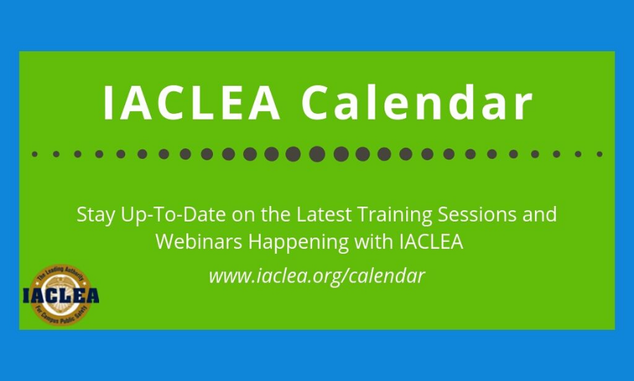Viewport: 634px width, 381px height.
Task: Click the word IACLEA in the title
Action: coord(192,103)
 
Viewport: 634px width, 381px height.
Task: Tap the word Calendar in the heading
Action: coord(417,102)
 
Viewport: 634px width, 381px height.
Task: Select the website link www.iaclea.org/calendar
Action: coord(317,276)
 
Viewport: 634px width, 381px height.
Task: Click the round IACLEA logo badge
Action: coord(60,295)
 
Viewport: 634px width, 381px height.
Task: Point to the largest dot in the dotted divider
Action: coord(317,154)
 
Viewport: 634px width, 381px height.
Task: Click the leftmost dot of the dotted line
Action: coord(34,154)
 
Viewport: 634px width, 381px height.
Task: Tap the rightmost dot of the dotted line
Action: coord(600,154)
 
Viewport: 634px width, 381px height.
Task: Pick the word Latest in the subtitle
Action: coord(324,214)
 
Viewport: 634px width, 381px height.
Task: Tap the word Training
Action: coord(395,215)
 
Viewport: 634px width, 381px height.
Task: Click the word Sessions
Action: coord(477,214)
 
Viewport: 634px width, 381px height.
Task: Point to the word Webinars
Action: coord(199,242)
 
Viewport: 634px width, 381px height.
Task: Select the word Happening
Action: coord(299,243)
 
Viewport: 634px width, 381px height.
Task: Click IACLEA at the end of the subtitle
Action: coord(431,242)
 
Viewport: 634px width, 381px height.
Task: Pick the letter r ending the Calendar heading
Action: coord(523,107)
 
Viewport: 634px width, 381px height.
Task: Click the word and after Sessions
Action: coord(540,214)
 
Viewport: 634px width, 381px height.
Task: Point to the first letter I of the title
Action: coord(108,103)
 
